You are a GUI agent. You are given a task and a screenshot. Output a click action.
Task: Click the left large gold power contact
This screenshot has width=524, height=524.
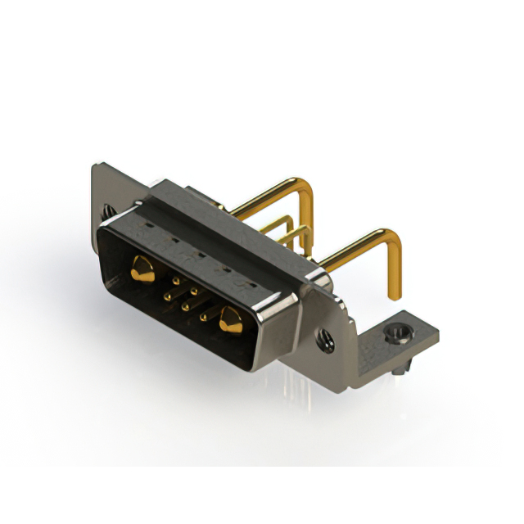click(142, 269)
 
